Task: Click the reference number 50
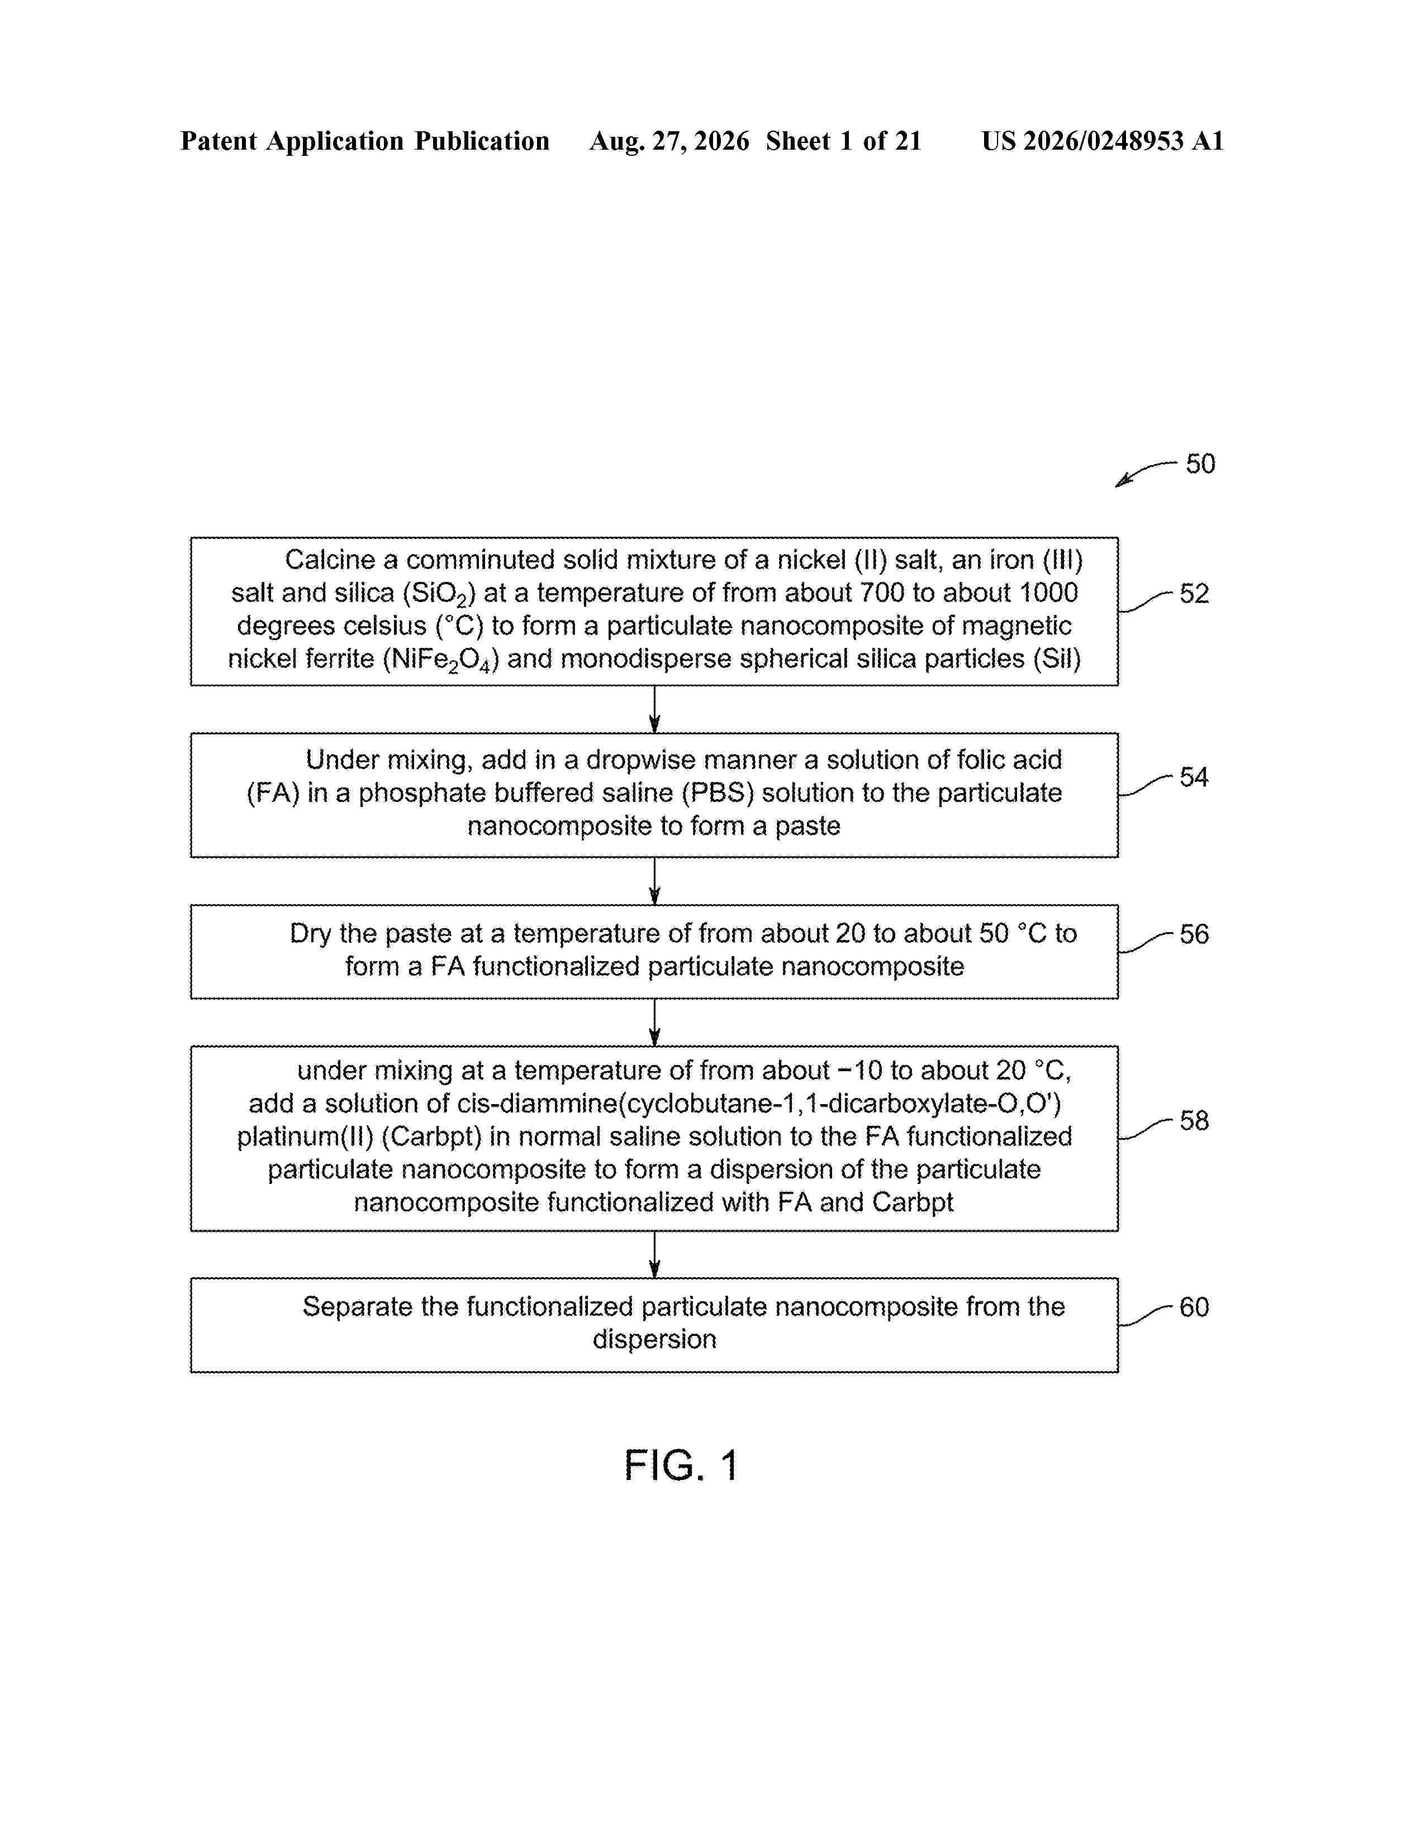click(x=1200, y=464)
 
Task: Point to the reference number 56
click(x=1194, y=934)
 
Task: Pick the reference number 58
click(x=1194, y=1121)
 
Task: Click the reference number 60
click(x=1194, y=1307)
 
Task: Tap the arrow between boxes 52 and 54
click(x=654, y=709)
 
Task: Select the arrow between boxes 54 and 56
click(x=654, y=881)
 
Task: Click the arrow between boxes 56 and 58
click(x=654, y=1022)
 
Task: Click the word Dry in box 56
click(x=310, y=934)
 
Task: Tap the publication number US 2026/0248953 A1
click(x=1103, y=141)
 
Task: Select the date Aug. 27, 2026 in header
click(x=669, y=141)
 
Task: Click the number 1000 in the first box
click(x=1048, y=593)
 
